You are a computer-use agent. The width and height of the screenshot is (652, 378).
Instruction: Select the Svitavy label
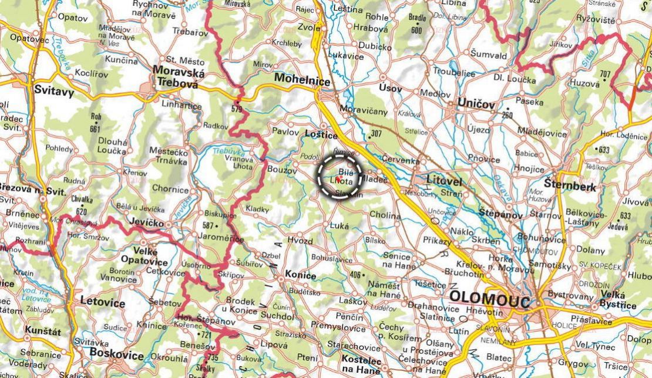(x=52, y=90)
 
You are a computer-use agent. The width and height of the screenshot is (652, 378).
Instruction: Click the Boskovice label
(x=116, y=355)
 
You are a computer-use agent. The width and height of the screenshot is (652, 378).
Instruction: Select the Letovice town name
(x=103, y=303)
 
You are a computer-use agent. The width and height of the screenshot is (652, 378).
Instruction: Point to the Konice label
(x=300, y=275)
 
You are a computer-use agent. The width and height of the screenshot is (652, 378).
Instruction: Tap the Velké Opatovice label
(x=144, y=256)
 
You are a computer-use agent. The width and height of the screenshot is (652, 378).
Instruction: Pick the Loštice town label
(x=321, y=134)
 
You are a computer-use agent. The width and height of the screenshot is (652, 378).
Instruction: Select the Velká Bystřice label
(x=618, y=300)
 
